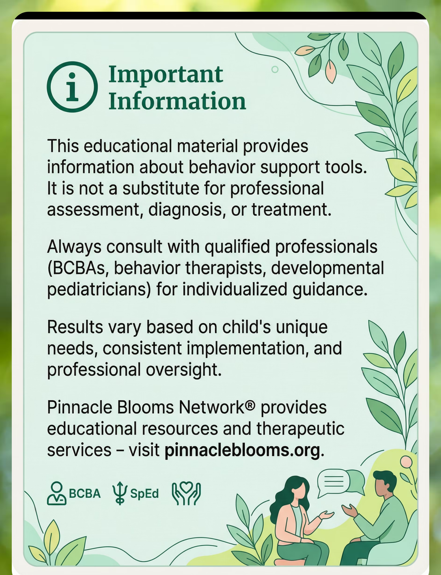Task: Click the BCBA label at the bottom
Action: pyautogui.click(x=85, y=493)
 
